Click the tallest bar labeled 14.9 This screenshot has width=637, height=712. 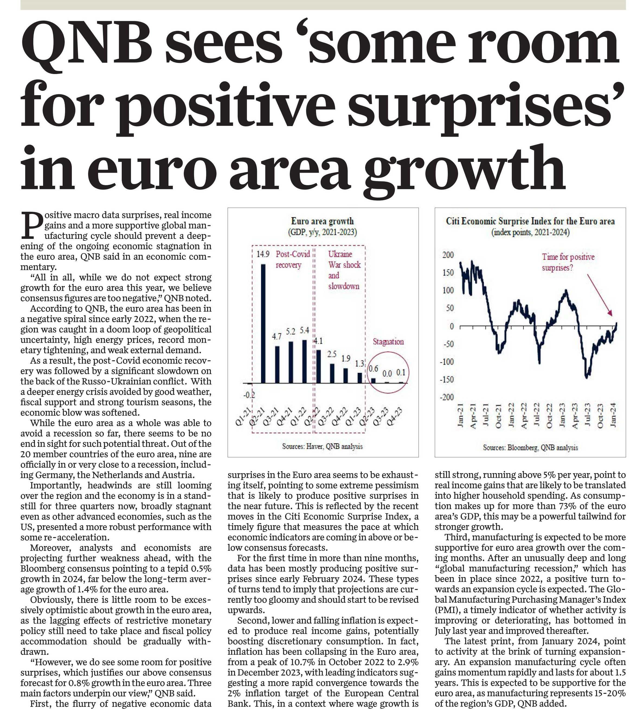(263, 323)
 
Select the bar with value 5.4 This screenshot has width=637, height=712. (304, 361)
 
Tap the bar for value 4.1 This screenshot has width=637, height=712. (318, 366)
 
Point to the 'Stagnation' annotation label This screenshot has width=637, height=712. (388, 342)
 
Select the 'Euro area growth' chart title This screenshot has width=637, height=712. (322, 221)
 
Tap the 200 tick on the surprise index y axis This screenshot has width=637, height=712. (448, 255)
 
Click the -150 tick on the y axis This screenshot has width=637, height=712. (447, 380)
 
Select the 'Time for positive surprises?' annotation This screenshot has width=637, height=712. (568, 262)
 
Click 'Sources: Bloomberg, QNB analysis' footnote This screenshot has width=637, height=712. (530, 447)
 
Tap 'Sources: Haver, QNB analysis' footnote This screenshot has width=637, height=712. (322, 446)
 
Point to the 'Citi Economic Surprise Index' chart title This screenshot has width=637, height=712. (530, 221)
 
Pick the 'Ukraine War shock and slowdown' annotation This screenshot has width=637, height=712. (344, 270)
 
